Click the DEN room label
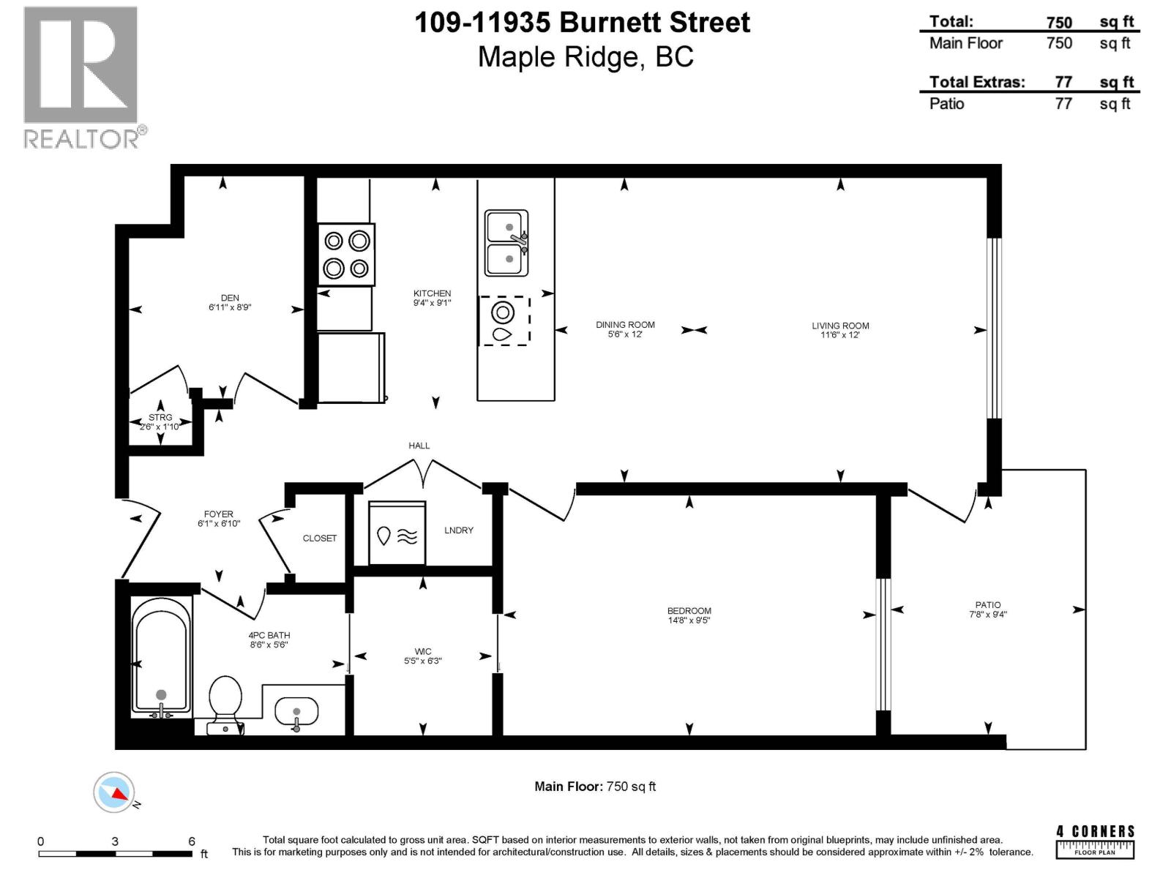230,298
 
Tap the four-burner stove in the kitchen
346,254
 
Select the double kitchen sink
506,243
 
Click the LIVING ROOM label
839,326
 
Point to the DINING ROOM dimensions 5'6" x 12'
624,334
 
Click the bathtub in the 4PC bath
161,655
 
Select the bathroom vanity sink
296,711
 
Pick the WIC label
422,651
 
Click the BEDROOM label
689,610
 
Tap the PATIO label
987,605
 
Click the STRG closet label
160,417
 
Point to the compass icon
114,792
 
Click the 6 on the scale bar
192,841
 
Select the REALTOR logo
82,77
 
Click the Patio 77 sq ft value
1063,104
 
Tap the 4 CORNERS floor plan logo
1095,841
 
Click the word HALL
419,445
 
